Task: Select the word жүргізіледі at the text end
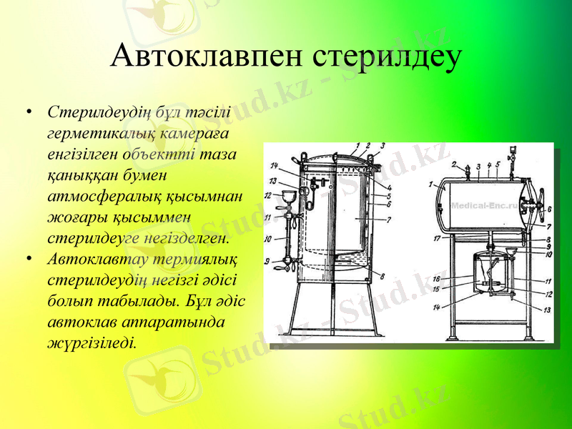[x=89, y=342]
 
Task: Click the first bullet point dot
[x=27, y=113]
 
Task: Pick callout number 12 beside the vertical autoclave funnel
[x=268, y=195]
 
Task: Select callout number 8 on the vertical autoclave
[x=383, y=277]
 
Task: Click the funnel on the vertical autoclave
[x=290, y=196]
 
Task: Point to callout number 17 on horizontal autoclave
[x=437, y=239]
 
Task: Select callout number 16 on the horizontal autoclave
[x=435, y=279]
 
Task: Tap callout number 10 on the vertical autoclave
[x=267, y=238]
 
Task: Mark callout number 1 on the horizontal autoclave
[x=432, y=184]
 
